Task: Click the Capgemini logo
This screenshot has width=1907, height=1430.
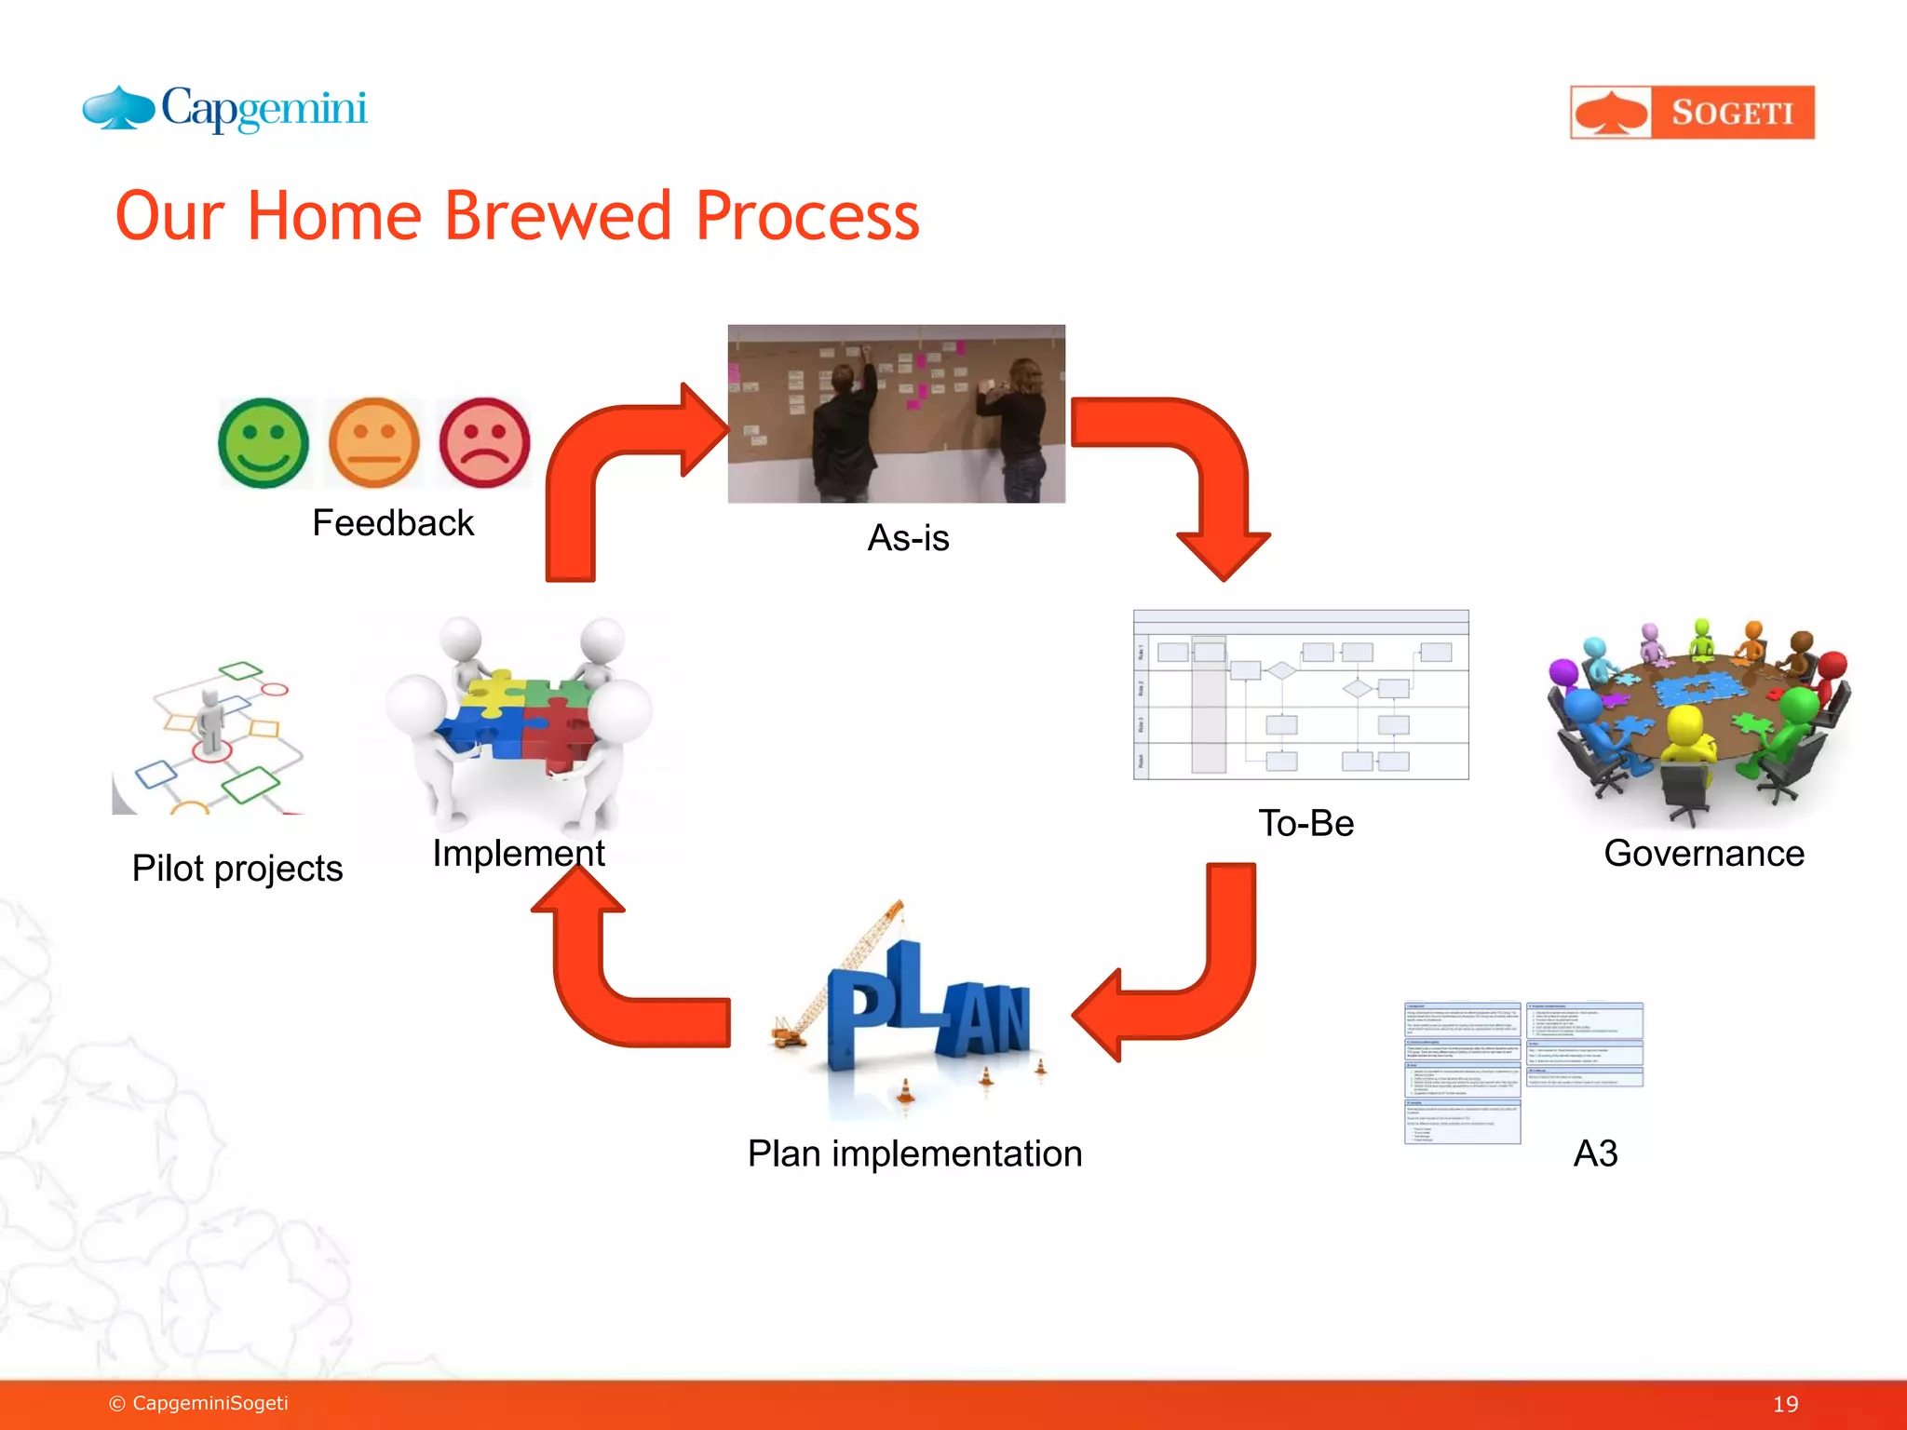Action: point(225,110)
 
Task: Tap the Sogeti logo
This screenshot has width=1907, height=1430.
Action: point(1692,113)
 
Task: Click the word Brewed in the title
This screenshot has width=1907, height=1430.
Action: point(557,216)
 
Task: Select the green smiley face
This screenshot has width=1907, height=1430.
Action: point(264,443)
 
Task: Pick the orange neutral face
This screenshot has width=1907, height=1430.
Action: point(374,443)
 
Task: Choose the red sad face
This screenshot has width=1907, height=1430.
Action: point(484,443)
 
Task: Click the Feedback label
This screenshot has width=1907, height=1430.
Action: point(392,523)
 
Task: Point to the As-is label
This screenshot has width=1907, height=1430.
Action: point(908,538)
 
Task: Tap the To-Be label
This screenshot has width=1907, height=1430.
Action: point(1305,823)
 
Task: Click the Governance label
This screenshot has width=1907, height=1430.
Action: point(1703,854)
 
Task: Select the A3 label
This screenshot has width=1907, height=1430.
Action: point(1595,1153)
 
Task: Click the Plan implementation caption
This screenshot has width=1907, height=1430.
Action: point(914,1153)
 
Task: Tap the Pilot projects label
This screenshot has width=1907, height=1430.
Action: point(237,869)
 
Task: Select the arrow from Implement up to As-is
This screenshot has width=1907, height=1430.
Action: point(596,465)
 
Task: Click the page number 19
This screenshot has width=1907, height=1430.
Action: point(1785,1404)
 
